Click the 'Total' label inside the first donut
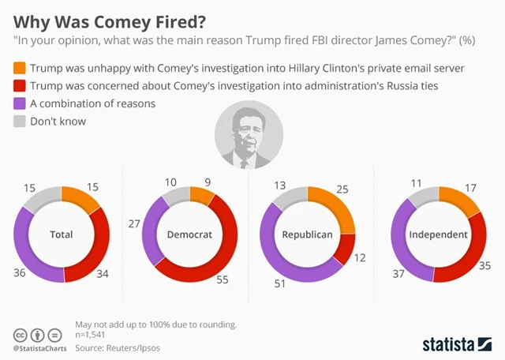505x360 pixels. [x=62, y=235]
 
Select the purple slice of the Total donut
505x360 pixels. [x=35, y=253]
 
